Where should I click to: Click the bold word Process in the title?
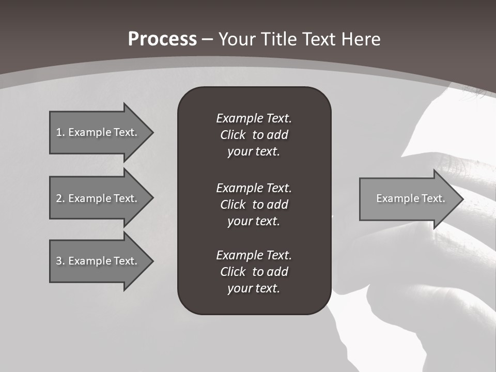(162, 39)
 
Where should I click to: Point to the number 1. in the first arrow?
(60, 132)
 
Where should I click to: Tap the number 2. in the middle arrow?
(60, 198)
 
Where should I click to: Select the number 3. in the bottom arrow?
(60, 261)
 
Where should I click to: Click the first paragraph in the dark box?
(254, 135)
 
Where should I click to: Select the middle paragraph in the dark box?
(254, 205)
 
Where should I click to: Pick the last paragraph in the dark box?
(254, 272)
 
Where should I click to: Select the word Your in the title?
(237, 39)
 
